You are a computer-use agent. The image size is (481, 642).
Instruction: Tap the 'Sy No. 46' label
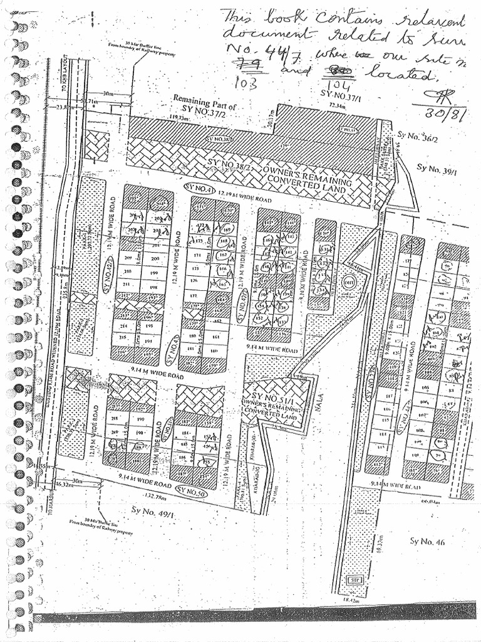pyautogui.click(x=427, y=541)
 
